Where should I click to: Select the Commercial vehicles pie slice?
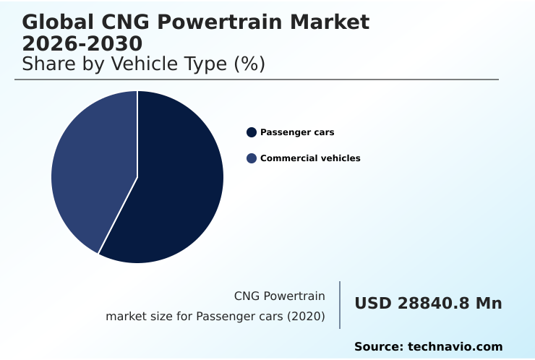(90, 170)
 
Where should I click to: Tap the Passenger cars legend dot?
(252, 132)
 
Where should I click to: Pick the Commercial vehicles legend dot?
(252, 158)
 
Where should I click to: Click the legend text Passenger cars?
(297, 132)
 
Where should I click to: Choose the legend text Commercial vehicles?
(310, 158)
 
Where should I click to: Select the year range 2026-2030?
(82, 45)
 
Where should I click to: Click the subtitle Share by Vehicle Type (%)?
(144, 64)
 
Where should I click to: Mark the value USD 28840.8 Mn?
(428, 304)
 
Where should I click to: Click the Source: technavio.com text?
(428, 347)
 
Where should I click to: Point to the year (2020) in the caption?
(307, 317)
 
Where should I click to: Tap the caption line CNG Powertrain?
(279, 296)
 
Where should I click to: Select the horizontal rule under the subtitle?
(257, 80)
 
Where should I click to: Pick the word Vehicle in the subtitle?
(142, 64)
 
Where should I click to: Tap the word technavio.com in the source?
(455, 347)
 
